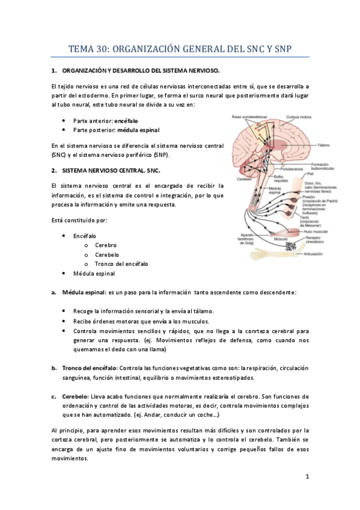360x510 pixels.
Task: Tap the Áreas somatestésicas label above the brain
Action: pos(249,117)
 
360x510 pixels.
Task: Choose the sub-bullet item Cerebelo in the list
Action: pos(106,254)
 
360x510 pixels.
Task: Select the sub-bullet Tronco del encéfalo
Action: pos(121,263)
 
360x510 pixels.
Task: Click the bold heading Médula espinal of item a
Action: pos(82,293)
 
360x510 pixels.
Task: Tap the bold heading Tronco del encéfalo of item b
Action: pos(90,367)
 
